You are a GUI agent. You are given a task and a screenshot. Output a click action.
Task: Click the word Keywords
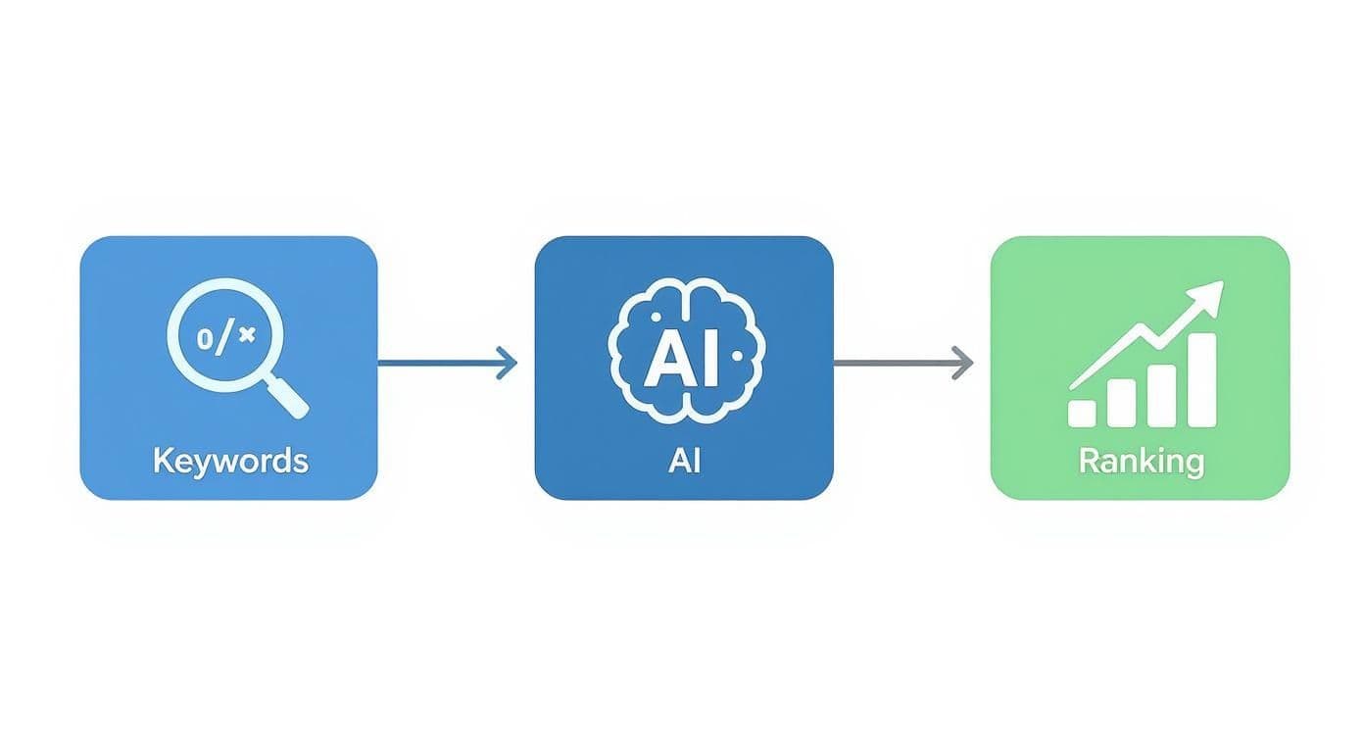pyautogui.click(x=231, y=461)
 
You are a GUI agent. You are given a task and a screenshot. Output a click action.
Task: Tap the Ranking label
pyautogui.click(x=1142, y=462)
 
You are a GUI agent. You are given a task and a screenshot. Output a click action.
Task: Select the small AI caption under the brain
pyautogui.click(x=684, y=461)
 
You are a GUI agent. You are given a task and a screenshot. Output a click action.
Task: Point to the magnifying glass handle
pyautogui.click(x=285, y=396)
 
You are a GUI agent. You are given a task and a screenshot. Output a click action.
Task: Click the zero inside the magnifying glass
pyautogui.click(x=205, y=339)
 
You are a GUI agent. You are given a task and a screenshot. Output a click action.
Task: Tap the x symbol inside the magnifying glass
pyautogui.click(x=247, y=334)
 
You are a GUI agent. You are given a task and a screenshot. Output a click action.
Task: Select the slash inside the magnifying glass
pyautogui.click(x=224, y=339)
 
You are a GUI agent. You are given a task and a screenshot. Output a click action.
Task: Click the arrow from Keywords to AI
pyautogui.click(x=448, y=363)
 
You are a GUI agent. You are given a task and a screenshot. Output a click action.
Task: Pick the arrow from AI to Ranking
pyautogui.click(x=903, y=363)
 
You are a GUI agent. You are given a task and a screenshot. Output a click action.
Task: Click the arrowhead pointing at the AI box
pyautogui.click(x=508, y=363)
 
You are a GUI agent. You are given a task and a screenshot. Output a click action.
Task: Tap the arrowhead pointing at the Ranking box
pyautogui.click(x=963, y=363)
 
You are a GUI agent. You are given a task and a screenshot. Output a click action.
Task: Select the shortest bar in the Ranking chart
pyautogui.click(x=1082, y=413)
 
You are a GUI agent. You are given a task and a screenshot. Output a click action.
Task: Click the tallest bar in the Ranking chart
pyautogui.click(x=1202, y=379)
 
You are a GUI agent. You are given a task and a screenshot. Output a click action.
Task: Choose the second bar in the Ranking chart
pyautogui.click(x=1121, y=403)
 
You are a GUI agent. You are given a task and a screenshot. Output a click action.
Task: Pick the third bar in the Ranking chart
pyautogui.click(x=1162, y=395)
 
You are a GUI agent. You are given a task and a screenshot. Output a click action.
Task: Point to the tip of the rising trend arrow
pyautogui.click(x=1223, y=281)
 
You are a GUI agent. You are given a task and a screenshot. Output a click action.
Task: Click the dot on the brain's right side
pyautogui.click(x=738, y=356)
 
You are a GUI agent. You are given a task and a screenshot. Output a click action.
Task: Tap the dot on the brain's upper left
pyautogui.click(x=656, y=318)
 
